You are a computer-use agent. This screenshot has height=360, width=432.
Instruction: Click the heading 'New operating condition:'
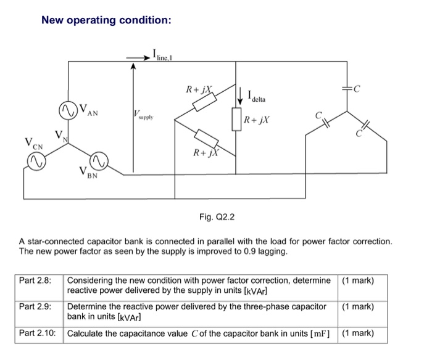click(x=106, y=20)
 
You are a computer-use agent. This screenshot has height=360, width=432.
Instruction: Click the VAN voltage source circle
click(x=67, y=110)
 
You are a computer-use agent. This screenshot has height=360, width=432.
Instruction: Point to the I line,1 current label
click(x=163, y=56)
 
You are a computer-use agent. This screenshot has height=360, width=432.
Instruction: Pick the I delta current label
click(x=259, y=96)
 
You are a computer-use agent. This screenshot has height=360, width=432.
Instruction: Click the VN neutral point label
click(x=59, y=136)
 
